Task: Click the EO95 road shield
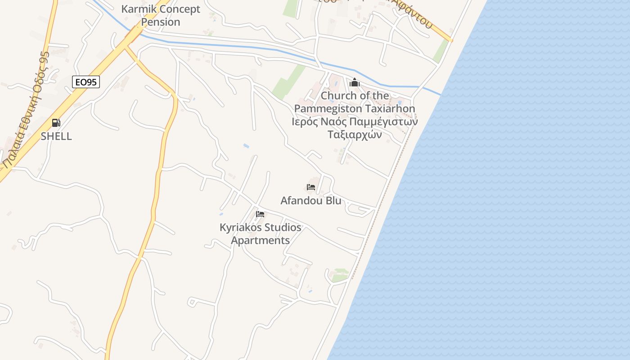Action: pos(85,82)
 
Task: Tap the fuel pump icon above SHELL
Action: pos(56,123)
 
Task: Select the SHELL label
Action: pos(56,136)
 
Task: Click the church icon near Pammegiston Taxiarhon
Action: pos(355,83)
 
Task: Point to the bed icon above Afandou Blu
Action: pos(311,187)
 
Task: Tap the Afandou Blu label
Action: pos(311,201)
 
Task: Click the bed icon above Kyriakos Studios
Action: pos(260,214)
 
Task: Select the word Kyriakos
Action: pos(240,228)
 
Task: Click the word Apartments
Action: pos(261,240)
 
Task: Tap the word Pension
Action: pos(161,22)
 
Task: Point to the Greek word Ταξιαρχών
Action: pos(355,135)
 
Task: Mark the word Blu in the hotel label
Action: pos(333,201)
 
